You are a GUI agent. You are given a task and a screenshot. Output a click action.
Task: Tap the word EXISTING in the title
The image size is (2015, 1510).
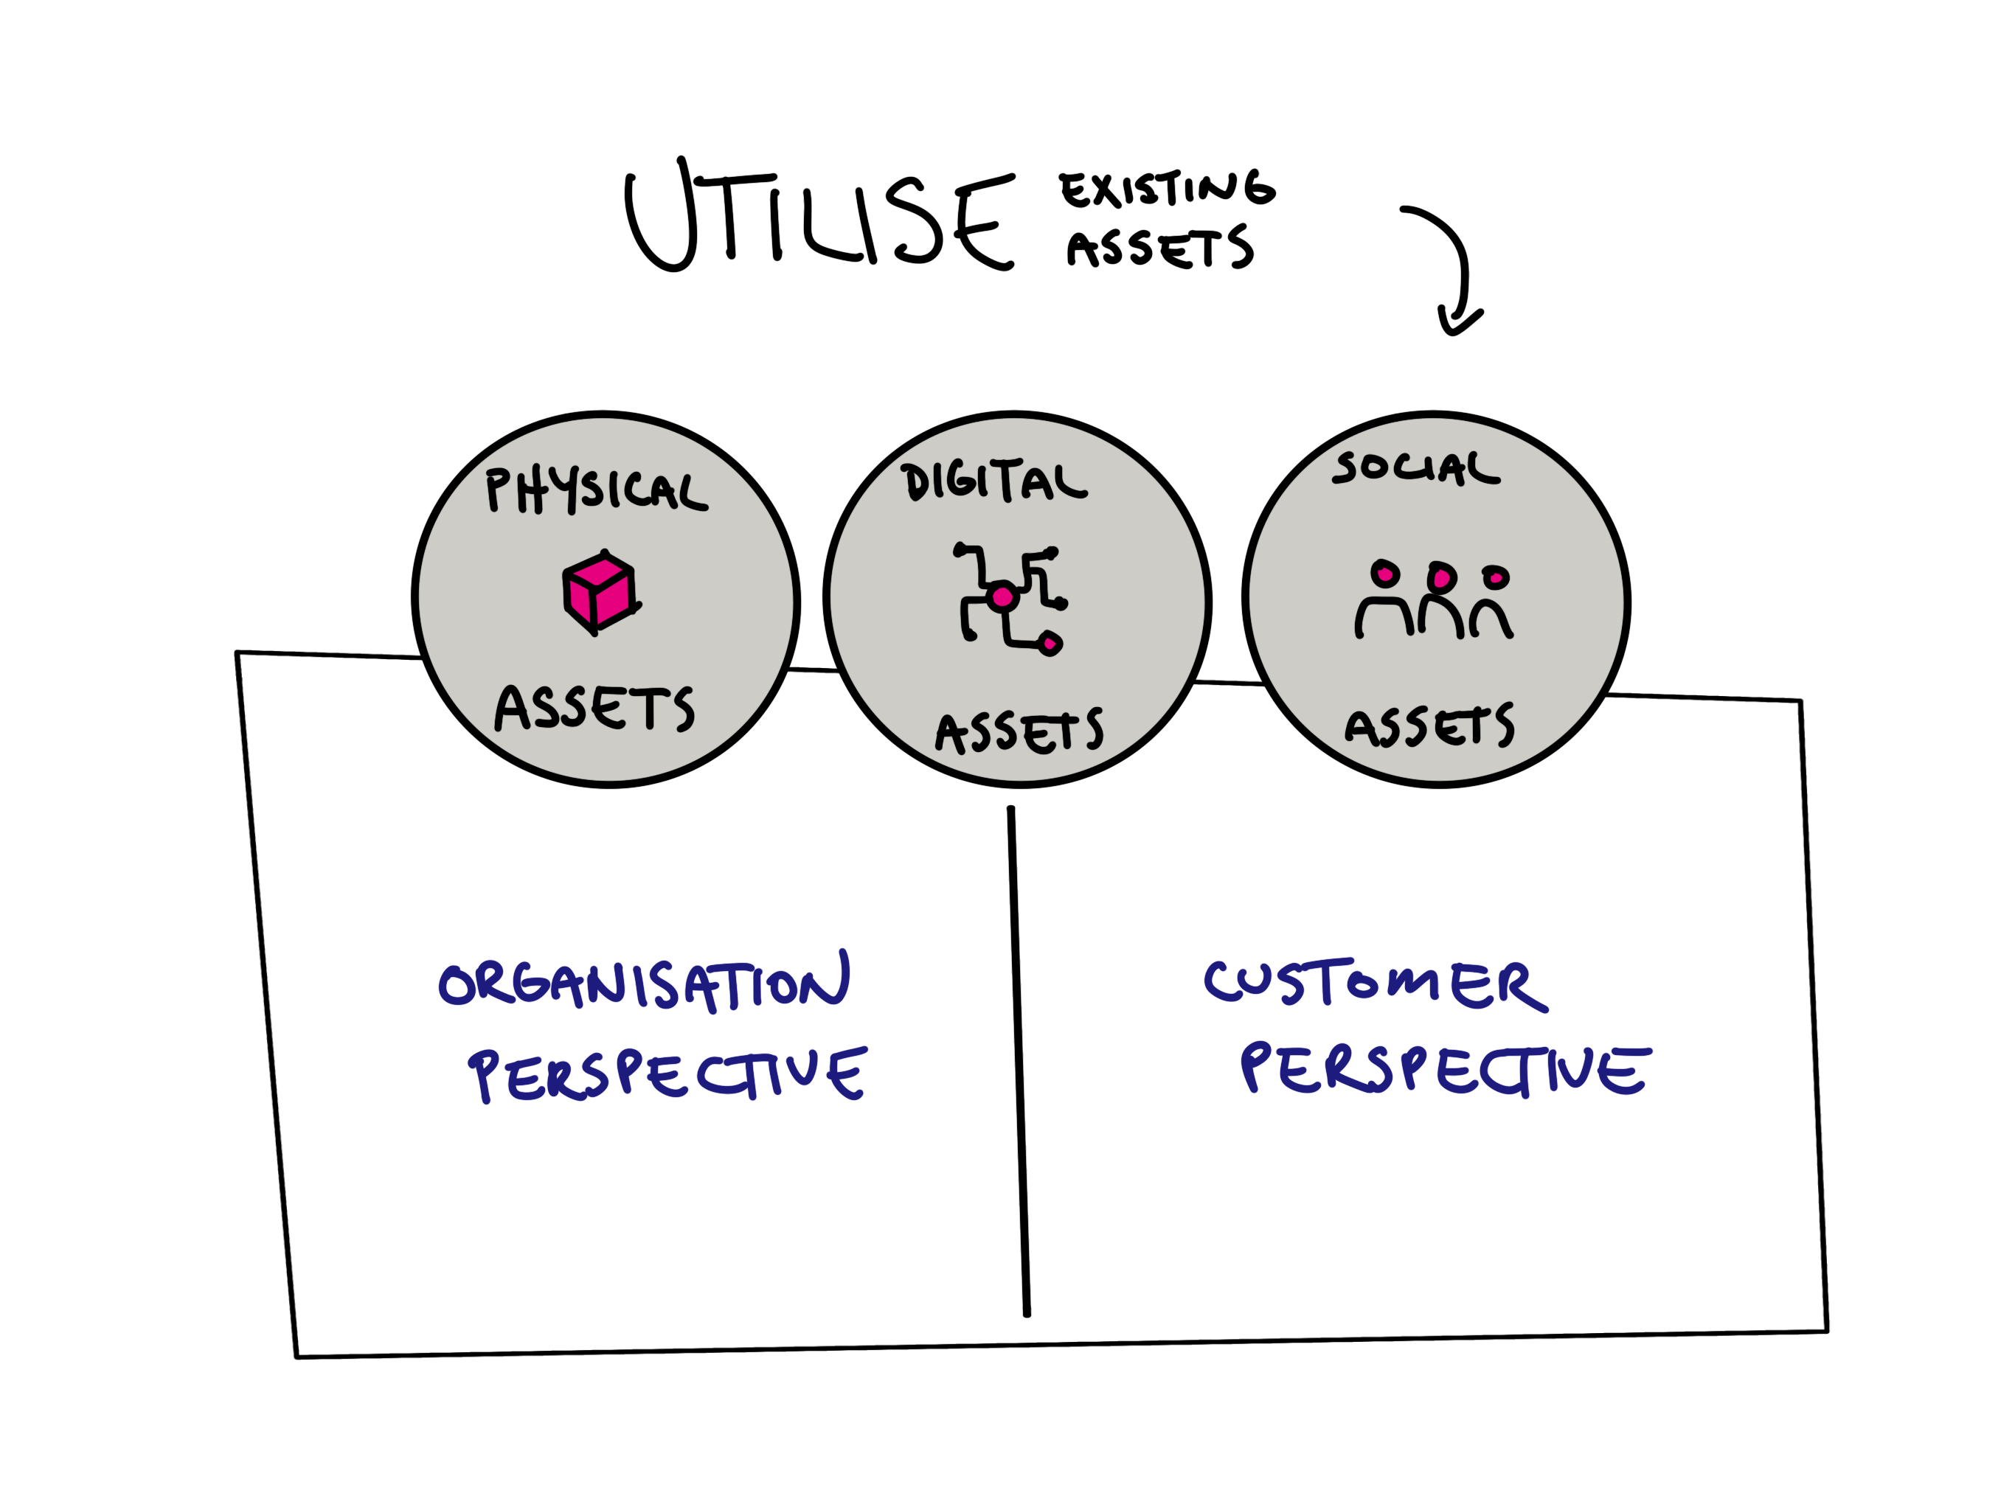1166,189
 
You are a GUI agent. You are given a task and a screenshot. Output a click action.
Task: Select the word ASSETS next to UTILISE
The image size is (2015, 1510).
1159,248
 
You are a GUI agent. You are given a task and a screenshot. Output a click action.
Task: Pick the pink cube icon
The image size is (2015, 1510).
598,592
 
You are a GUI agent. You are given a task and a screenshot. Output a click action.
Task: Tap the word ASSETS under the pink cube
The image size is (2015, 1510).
594,709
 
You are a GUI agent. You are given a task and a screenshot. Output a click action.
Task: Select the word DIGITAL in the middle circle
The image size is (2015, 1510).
993,481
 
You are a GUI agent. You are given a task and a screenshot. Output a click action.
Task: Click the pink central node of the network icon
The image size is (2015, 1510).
1002,597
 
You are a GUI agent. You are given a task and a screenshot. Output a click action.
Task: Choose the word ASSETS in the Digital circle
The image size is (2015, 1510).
1019,731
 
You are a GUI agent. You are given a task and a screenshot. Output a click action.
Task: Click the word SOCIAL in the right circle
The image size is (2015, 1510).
1415,468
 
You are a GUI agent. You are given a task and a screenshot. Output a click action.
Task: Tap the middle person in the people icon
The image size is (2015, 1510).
1441,601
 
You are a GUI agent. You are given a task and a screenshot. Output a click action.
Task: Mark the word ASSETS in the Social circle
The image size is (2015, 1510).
1429,726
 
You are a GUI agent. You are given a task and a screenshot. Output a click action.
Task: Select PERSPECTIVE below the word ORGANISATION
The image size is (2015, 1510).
667,1075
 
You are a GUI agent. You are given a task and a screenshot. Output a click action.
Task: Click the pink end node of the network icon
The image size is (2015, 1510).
1050,644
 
